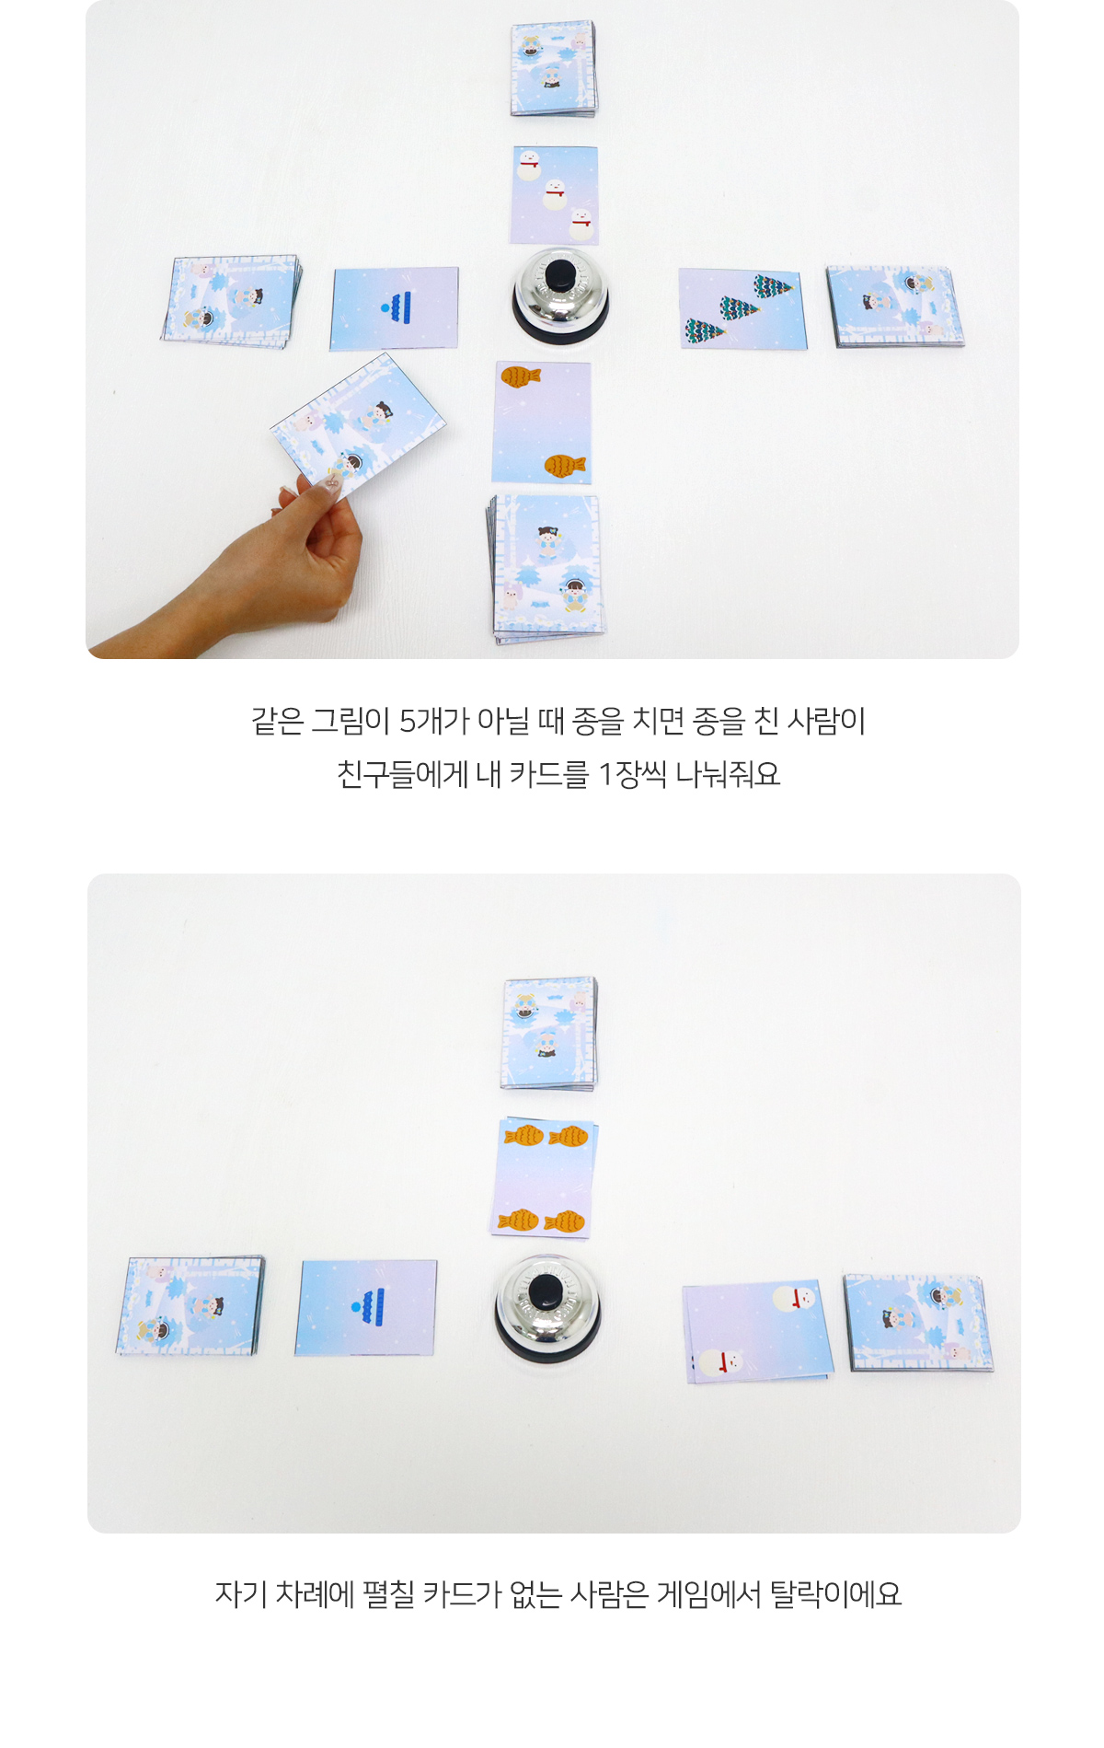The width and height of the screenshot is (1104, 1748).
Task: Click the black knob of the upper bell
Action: (560, 274)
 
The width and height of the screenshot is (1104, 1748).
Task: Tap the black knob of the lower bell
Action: (546, 1291)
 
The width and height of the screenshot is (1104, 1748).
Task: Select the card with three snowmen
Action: (555, 195)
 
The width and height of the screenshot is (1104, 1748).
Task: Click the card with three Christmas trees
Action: (742, 309)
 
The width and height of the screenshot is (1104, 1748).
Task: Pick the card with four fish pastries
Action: (545, 1178)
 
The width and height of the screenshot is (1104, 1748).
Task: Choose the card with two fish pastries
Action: (542, 423)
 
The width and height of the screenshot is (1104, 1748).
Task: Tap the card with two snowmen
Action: (758, 1331)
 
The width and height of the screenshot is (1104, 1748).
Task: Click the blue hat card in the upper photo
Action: (394, 308)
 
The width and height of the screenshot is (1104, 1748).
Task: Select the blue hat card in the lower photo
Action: (366, 1307)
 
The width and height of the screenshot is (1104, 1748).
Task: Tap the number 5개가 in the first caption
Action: (433, 721)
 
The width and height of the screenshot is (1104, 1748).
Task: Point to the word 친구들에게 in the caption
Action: (402, 774)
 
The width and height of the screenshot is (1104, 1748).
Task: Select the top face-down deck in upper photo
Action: (553, 69)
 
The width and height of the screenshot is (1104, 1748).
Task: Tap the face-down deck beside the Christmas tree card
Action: (894, 307)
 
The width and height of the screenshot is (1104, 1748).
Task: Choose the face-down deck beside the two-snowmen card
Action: (918, 1323)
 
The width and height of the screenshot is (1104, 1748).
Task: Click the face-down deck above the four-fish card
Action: (549, 1034)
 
